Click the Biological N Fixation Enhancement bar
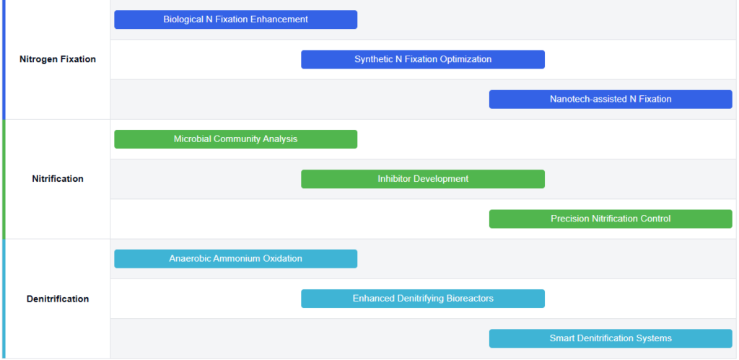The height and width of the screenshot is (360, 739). click(x=236, y=19)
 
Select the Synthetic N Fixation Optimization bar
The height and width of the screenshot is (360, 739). click(x=423, y=59)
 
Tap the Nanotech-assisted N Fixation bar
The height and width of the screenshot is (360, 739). click(x=611, y=100)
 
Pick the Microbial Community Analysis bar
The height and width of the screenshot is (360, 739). click(x=236, y=139)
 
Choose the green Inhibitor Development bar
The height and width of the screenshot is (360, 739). click(x=423, y=179)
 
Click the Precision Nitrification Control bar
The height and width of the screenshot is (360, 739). click(x=611, y=219)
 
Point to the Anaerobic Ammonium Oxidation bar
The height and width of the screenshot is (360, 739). click(x=236, y=259)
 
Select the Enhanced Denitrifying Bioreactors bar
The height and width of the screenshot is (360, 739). click(x=423, y=299)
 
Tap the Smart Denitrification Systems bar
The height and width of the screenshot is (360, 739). click(x=611, y=338)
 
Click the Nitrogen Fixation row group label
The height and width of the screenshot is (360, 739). click(x=58, y=59)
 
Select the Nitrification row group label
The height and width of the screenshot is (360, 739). click(x=58, y=179)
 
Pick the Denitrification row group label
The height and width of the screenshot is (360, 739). click(x=58, y=299)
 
